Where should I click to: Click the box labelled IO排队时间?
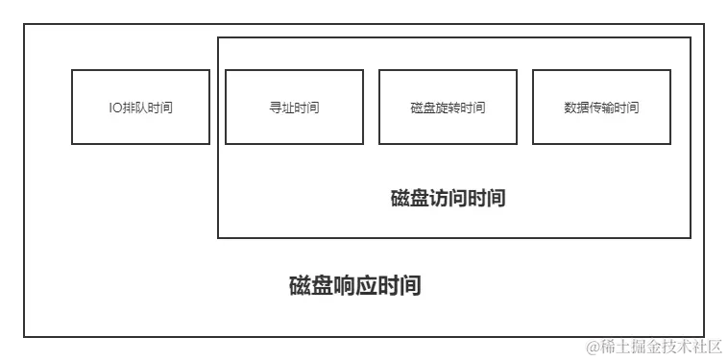[140, 107]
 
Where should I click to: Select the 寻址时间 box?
[294, 107]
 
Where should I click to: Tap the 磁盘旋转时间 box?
[448, 107]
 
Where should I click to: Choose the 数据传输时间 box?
[601, 107]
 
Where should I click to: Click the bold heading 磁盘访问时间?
[449, 199]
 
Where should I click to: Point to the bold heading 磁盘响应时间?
[355, 286]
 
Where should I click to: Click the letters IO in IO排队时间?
[114, 108]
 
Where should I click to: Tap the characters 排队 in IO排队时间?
[133, 108]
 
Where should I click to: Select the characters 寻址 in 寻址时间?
[281, 108]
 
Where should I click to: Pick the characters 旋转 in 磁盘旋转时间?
[448, 108]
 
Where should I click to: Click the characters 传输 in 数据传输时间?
[601, 108]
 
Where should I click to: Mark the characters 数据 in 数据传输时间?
[576, 108]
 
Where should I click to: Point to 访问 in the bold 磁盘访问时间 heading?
[449, 199]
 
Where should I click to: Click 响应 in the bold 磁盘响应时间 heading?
[355, 286]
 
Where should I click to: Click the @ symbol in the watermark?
[593, 345]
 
